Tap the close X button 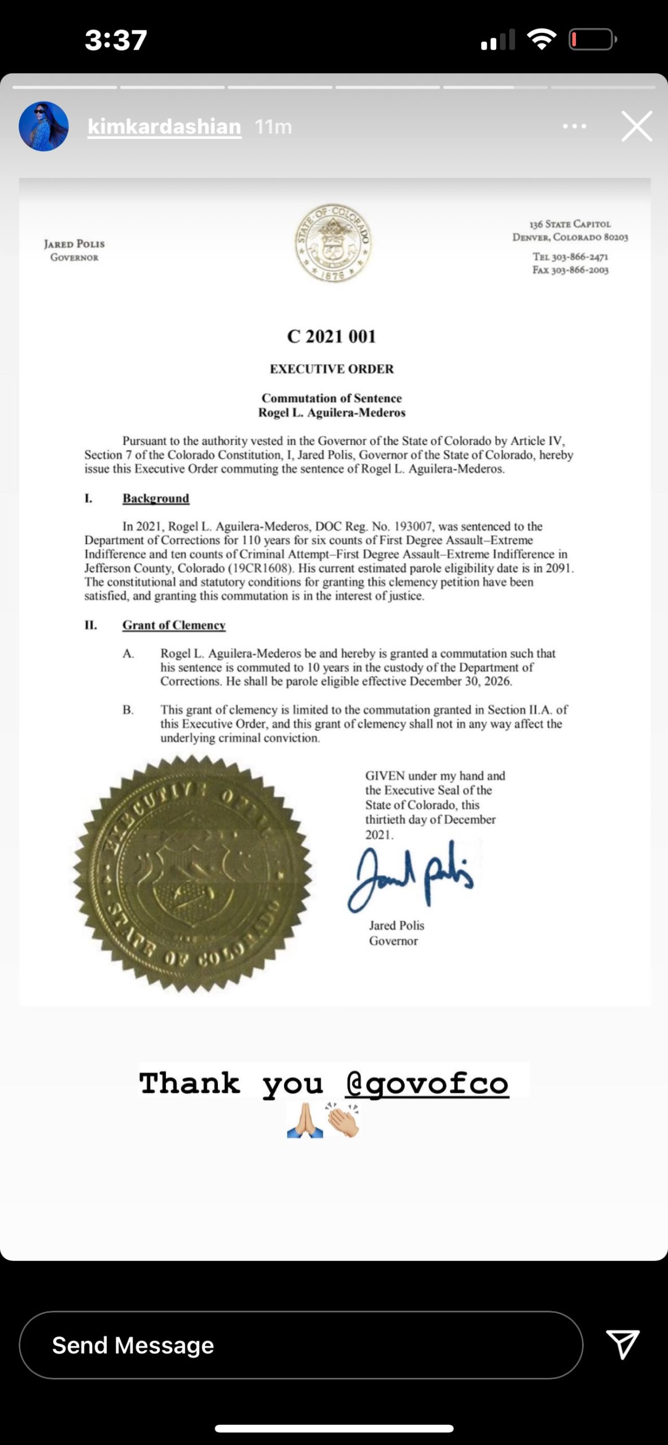(x=636, y=126)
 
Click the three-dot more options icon (x=574, y=126)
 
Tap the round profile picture (x=44, y=126)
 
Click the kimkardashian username (x=164, y=126)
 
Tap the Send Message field (x=300, y=1345)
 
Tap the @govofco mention (x=427, y=1083)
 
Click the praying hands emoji (x=305, y=1120)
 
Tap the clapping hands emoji (x=342, y=1120)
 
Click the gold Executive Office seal (x=192, y=873)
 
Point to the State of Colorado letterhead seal (x=334, y=243)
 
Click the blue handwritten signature (x=411, y=874)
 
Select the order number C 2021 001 (x=331, y=336)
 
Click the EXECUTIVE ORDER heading (x=331, y=369)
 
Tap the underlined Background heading (x=156, y=498)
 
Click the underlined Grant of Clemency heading (x=174, y=625)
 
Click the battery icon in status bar (x=592, y=40)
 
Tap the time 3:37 (x=116, y=40)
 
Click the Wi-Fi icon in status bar (x=542, y=39)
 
